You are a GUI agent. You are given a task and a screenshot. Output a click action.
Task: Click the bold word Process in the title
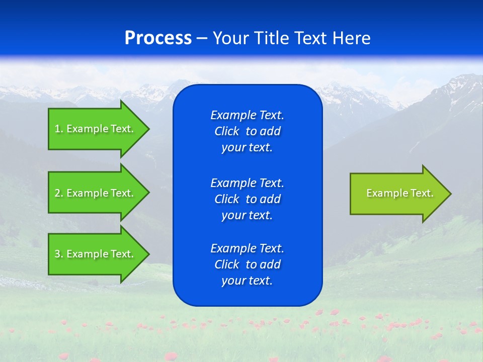pyautogui.click(x=158, y=38)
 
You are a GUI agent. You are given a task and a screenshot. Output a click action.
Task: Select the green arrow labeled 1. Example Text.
pyautogui.click(x=96, y=129)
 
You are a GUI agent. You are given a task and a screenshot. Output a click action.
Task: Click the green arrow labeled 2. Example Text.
pyautogui.click(x=96, y=193)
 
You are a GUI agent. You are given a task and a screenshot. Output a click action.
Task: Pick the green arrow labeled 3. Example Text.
pyautogui.click(x=96, y=254)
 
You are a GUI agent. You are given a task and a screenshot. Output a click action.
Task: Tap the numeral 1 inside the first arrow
pyautogui.click(x=57, y=129)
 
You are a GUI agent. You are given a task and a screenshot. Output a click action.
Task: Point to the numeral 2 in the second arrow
pyautogui.click(x=57, y=193)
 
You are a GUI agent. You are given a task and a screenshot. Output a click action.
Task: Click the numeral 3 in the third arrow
pyautogui.click(x=57, y=254)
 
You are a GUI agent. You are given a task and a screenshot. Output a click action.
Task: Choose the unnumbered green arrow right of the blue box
pyautogui.click(x=397, y=194)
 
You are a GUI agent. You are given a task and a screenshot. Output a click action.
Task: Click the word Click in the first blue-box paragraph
pyautogui.click(x=226, y=132)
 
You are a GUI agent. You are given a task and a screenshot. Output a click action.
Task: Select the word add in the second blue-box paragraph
pyautogui.click(x=271, y=199)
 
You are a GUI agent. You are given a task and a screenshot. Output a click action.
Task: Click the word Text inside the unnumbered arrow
pyautogui.click(x=422, y=193)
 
